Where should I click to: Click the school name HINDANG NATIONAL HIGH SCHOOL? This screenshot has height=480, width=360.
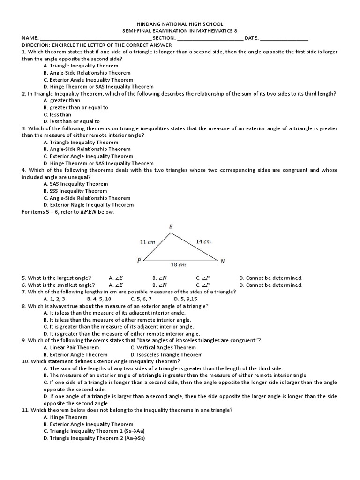point(180,24)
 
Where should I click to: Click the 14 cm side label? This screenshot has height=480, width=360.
point(203,241)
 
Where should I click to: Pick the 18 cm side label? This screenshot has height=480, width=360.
point(179,265)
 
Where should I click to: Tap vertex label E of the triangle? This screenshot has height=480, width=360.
point(171,227)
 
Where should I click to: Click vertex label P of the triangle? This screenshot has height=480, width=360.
point(139,260)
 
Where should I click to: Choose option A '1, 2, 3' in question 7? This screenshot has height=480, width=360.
point(54,299)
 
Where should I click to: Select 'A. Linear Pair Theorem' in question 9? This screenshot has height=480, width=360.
point(71,348)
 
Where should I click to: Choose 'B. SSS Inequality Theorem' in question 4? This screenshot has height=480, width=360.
point(75,191)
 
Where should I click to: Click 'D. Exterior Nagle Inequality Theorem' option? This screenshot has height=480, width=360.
point(88,205)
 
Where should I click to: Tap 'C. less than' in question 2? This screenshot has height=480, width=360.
point(57,114)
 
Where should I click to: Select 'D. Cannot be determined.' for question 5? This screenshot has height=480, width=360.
point(271,278)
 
